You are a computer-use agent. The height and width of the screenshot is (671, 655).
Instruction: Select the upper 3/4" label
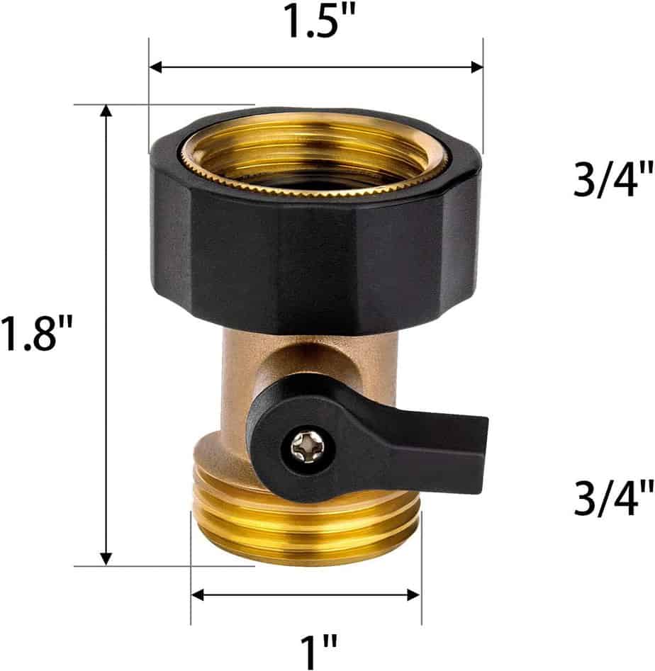pos(612,181)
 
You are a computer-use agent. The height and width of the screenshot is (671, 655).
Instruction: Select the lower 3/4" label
pos(612,497)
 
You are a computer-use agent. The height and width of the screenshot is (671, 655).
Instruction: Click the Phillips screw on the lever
pos(307,445)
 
